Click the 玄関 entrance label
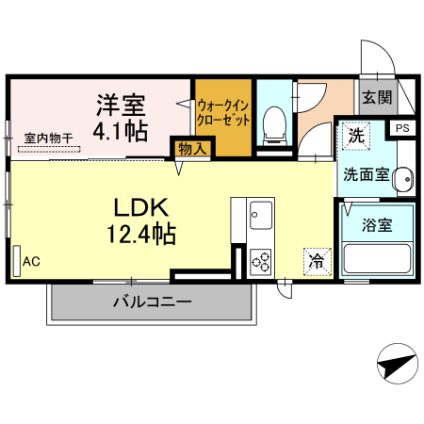pos(377,97)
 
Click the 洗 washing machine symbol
pos(355,134)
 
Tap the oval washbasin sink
pos(402,176)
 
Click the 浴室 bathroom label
pos(377,224)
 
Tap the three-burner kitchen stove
pos(261,260)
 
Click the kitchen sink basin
pos(260,219)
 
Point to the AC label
pos(31,260)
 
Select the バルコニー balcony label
pos(152,302)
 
